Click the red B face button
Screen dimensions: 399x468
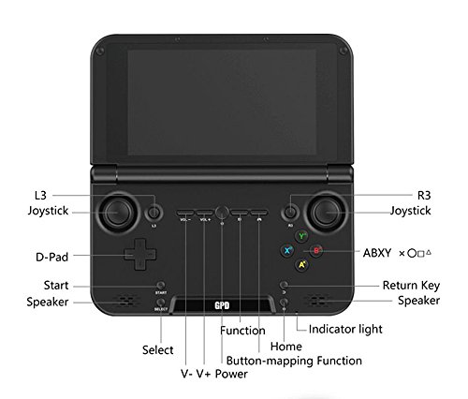(x=317, y=251)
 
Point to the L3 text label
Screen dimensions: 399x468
(x=38, y=194)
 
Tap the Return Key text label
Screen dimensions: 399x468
(x=410, y=285)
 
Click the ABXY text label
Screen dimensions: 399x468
(x=376, y=252)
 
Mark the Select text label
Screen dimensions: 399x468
(x=158, y=349)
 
